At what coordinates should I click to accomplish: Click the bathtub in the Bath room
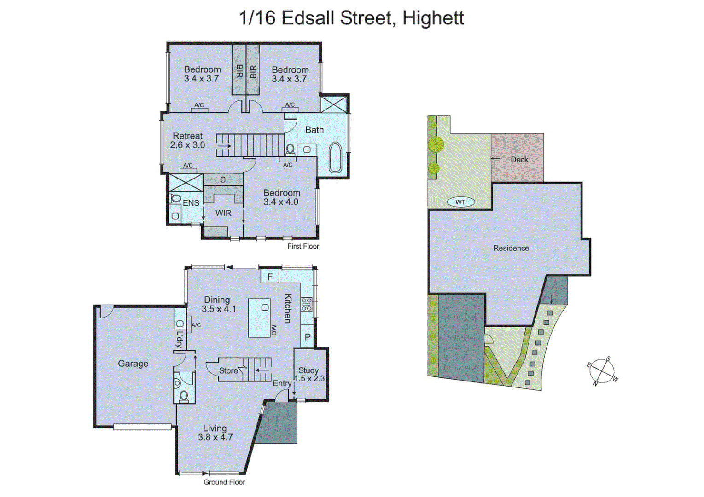(336, 158)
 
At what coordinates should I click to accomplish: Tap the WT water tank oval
(460, 202)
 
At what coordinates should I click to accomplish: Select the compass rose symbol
(603, 371)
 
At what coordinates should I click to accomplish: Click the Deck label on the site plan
(519, 160)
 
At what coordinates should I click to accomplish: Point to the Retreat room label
(187, 136)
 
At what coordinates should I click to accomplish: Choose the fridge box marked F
(270, 277)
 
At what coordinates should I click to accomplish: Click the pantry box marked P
(308, 337)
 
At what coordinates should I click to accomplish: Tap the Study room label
(308, 370)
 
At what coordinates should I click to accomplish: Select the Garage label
(133, 364)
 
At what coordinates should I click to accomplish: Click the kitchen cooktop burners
(307, 305)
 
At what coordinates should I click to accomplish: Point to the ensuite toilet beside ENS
(175, 199)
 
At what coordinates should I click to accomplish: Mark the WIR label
(223, 213)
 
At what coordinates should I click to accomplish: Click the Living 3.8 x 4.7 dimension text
(215, 438)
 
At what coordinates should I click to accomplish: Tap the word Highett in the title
(433, 18)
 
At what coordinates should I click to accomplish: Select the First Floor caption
(303, 246)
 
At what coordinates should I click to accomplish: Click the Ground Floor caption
(224, 482)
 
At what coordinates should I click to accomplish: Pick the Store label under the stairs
(228, 370)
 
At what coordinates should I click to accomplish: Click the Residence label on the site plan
(511, 248)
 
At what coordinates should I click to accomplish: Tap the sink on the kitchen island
(265, 307)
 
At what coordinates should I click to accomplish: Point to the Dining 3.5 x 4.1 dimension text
(219, 309)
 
